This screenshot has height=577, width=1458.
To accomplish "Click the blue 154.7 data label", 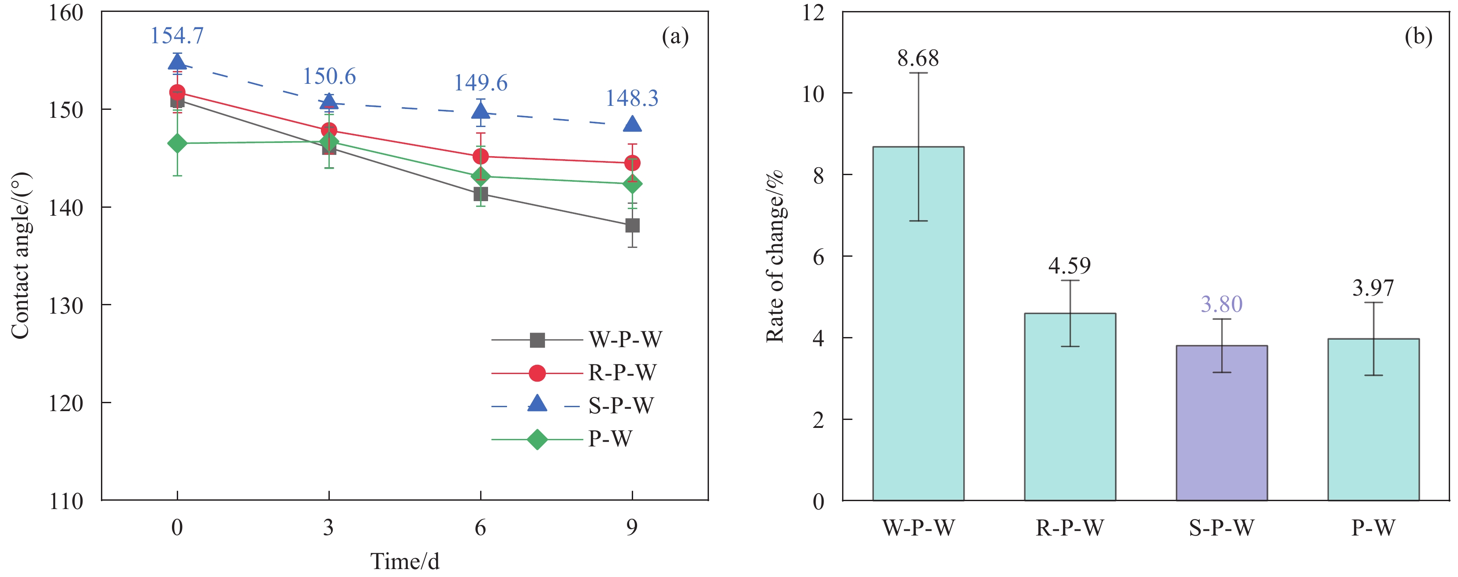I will [x=177, y=36].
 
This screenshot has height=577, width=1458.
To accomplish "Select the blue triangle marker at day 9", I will [x=632, y=124].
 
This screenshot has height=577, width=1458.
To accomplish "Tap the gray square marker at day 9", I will [x=632, y=225].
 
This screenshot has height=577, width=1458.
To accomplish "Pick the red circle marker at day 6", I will [x=481, y=156].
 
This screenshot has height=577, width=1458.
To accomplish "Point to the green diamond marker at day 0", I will [x=177, y=143].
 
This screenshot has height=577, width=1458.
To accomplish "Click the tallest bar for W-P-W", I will [x=918, y=323].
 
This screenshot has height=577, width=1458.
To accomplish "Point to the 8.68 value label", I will [x=918, y=58].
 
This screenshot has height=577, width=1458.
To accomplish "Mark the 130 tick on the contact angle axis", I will [x=66, y=306].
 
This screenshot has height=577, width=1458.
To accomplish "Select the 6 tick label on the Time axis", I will [x=481, y=528].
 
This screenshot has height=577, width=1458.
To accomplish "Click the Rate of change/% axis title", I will [x=774, y=256].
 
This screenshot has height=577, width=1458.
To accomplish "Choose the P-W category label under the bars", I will [x=1373, y=528].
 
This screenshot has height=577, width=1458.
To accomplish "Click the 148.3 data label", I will [x=632, y=98].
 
